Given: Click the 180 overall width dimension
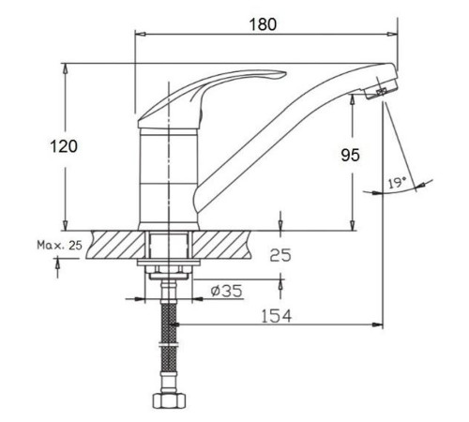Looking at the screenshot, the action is point(263,24).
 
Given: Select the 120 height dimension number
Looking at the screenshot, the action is point(64,146).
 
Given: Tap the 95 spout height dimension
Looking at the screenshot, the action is point(350,155).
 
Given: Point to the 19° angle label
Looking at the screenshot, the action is point(397,183).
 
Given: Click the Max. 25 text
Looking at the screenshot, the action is point(59,245).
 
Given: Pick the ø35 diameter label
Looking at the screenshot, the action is point(226,291).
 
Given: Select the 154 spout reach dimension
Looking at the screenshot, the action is point(276,316).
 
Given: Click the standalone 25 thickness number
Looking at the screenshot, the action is point(280,255).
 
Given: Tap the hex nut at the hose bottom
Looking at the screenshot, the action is point(169,400).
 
